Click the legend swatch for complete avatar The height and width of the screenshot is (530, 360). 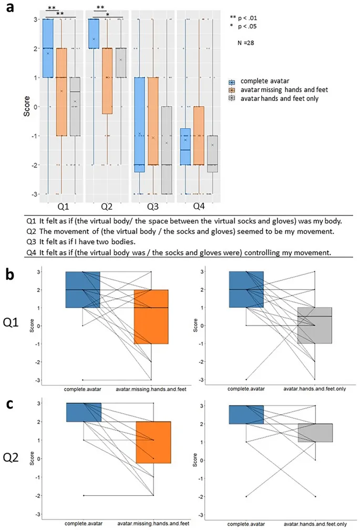pos(232,82)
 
